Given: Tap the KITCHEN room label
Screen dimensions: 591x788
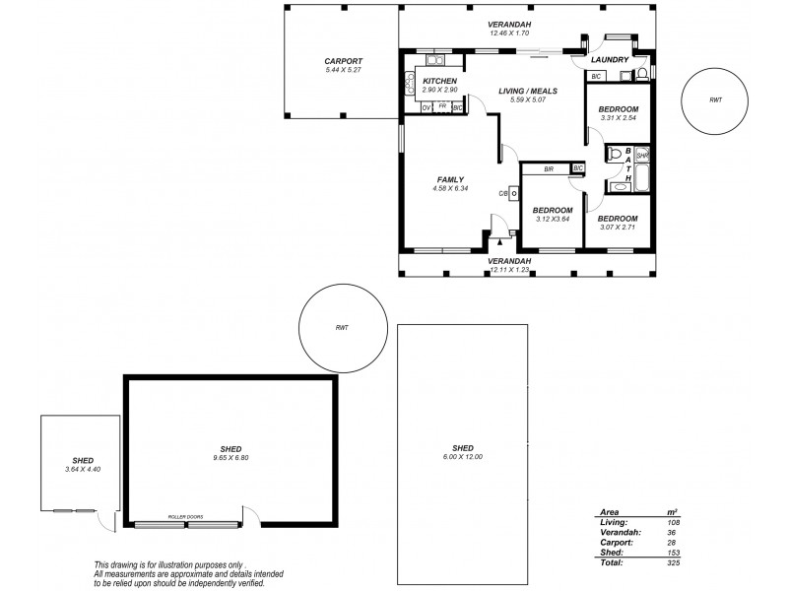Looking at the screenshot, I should point(438,81).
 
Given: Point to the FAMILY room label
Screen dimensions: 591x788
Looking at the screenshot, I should point(450,179).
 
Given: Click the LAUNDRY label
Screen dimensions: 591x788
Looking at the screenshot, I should point(610,60).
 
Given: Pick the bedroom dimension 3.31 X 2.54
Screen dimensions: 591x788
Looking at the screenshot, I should point(619,118).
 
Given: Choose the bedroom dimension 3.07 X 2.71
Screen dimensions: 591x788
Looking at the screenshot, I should point(618,228).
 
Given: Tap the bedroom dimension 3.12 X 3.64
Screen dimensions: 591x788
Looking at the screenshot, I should point(553,219).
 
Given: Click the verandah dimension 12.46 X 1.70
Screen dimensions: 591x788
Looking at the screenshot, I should point(509,33).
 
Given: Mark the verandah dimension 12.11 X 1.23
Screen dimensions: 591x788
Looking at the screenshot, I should point(509,269).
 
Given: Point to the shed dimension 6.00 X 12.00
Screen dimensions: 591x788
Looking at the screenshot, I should point(463,457).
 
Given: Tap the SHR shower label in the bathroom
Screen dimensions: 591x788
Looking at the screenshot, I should point(642,156).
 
